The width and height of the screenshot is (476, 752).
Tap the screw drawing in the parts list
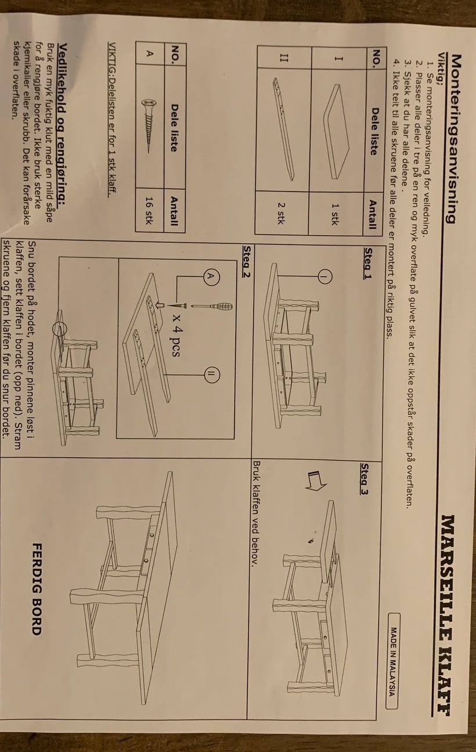click(x=149, y=126)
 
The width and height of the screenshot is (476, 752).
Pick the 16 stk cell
click(x=149, y=210)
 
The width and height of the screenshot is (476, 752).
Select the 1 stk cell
click(x=335, y=214)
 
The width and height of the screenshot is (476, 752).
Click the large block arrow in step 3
click(x=316, y=480)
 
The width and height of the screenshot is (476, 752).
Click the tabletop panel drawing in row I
click(x=336, y=131)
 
